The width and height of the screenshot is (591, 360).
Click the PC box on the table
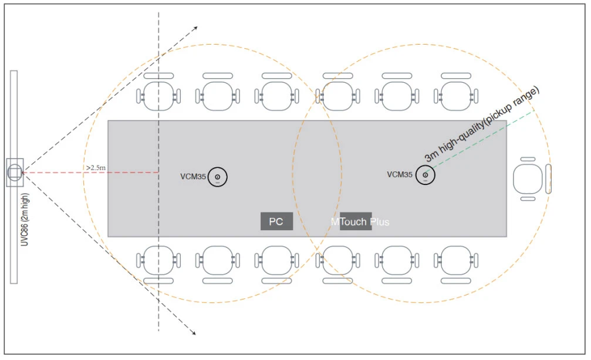pyautogui.click(x=276, y=221)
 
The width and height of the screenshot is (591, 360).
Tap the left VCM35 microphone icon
pyautogui.click(x=217, y=176)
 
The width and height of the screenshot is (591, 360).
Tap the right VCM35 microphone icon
pyautogui.click(x=425, y=175)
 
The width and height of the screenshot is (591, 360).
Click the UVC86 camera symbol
pyautogui.click(x=15, y=172)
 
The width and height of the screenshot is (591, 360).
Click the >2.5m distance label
pyautogui.click(x=96, y=168)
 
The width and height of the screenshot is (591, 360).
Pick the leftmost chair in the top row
pyautogui.click(x=158, y=93)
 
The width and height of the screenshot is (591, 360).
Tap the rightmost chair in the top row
pyautogui.click(x=455, y=93)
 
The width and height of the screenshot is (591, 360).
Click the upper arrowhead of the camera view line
pyautogui.click(x=195, y=28)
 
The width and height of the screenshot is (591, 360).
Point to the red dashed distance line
pyautogui.click(x=59, y=173)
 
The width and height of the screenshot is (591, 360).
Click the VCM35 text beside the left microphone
pyautogui.click(x=193, y=176)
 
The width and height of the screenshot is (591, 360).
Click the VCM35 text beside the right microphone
pyautogui.click(x=400, y=174)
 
